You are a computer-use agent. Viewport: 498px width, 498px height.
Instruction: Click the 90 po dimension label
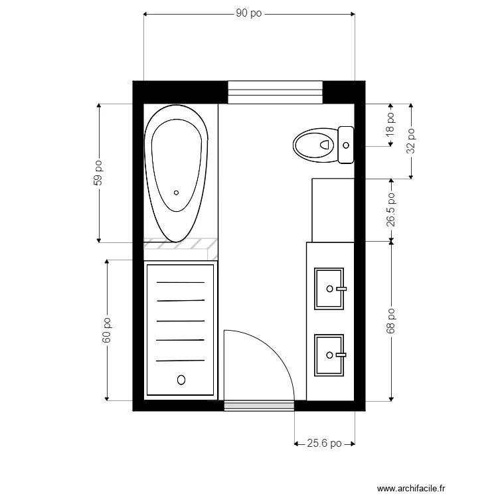(249, 14)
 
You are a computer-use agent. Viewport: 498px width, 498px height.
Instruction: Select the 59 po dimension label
(98, 173)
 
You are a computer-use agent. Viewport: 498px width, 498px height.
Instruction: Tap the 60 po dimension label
(106, 330)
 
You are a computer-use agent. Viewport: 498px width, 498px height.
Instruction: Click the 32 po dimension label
(412, 141)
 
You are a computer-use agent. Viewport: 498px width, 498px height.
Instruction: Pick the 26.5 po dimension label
(391, 210)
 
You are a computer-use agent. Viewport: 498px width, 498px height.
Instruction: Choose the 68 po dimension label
(391, 321)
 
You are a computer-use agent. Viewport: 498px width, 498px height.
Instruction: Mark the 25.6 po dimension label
(324, 444)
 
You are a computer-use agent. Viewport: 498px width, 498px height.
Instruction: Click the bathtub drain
(176, 193)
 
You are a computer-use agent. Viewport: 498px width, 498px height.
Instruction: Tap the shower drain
(181, 380)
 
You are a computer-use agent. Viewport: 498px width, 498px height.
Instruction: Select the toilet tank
(345, 144)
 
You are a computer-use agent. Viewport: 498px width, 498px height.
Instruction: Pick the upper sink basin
(329, 289)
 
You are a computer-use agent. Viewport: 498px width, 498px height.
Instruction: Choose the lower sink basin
(329, 355)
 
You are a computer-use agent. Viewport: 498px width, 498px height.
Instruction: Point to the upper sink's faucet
(342, 289)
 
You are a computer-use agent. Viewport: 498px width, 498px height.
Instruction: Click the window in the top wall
(275, 92)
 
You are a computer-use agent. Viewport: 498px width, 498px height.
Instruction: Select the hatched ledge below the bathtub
(181, 244)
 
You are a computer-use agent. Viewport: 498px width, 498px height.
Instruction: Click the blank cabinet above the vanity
(333, 210)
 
